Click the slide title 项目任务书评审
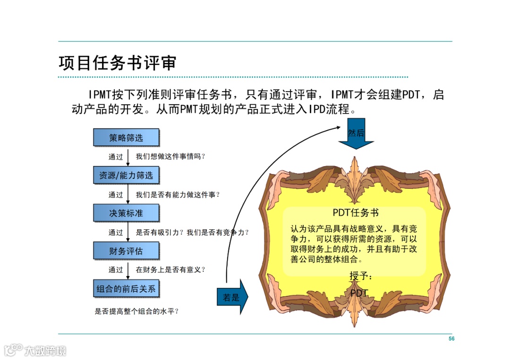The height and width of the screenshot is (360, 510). [117, 63]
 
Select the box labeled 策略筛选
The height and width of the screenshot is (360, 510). [126, 138]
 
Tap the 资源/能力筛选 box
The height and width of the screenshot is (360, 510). [126, 176]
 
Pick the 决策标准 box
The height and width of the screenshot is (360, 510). [126, 213]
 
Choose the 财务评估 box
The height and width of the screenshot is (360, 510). [126, 251]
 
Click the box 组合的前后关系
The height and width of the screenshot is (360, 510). [126, 289]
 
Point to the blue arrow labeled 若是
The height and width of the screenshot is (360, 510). [232, 297]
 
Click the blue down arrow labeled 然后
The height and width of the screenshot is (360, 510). [356, 136]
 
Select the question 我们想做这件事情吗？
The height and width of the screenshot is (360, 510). [171, 157]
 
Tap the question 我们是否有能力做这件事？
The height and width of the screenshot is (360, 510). [178, 194]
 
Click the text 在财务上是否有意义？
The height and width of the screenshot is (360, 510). [171, 270]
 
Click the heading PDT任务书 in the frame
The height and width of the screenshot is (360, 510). [356, 213]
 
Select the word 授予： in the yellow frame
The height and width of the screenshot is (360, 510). [361, 276]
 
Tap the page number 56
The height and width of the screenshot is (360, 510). [451, 339]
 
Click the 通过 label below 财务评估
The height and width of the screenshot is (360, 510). [116, 270]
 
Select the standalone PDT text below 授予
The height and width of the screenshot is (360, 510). [359, 293]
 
